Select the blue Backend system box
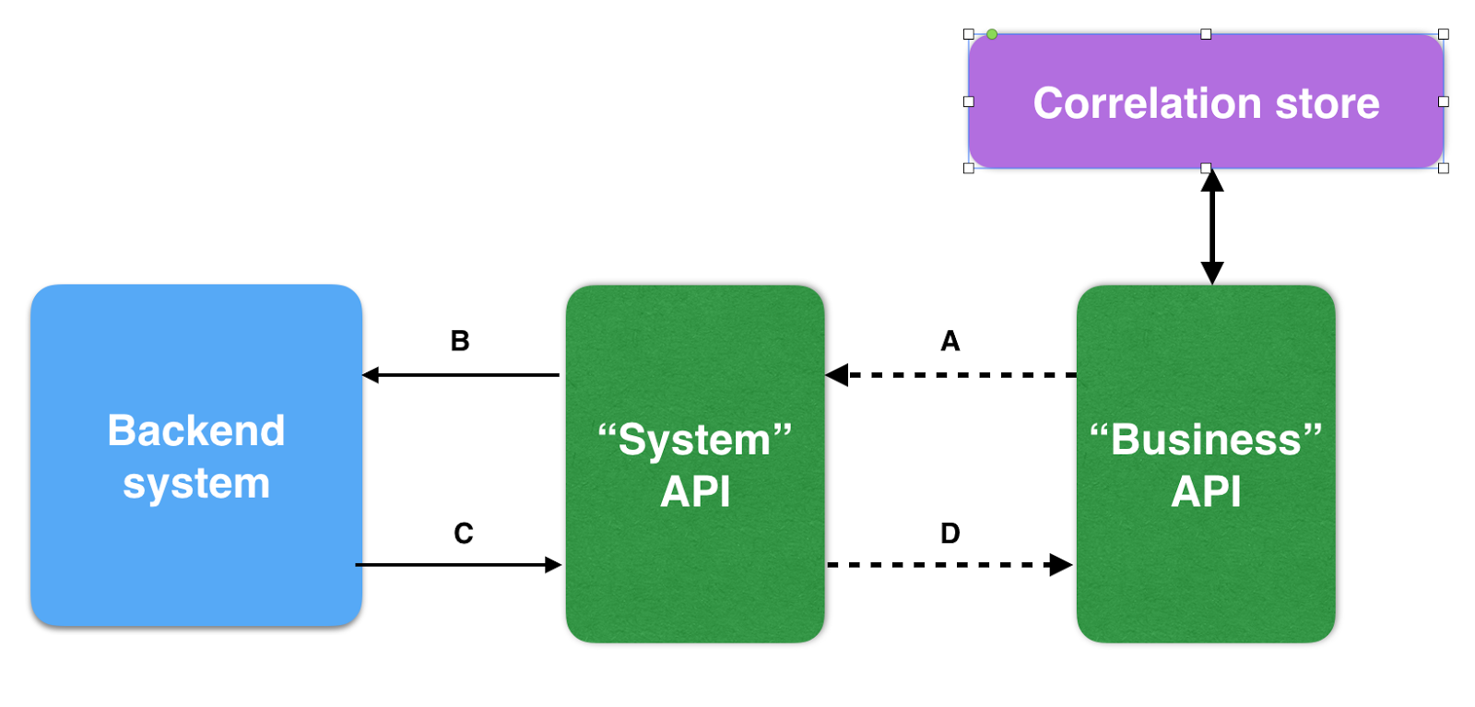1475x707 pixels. [195, 553]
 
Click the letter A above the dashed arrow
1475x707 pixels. [950, 342]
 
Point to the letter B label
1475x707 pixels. [460, 342]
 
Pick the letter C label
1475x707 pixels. [464, 534]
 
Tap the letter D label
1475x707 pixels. [950, 534]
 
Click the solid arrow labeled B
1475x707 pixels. [461, 375]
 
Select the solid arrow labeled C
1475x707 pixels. [458, 565]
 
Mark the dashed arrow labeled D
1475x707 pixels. [950, 565]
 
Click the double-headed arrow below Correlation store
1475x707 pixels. [1212, 227]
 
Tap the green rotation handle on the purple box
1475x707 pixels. [992, 34]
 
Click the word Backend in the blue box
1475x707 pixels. [196, 431]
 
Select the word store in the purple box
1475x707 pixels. [1327, 103]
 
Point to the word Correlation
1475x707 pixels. [1147, 103]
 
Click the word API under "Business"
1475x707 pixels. [1206, 492]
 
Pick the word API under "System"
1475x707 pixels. [695, 492]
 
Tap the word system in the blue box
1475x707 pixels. [196, 484]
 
